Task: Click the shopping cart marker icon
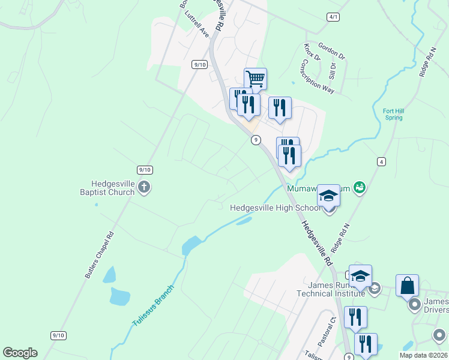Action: (x=255, y=79)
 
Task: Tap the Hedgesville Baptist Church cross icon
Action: (x=144, y=187)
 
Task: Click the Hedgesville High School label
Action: (x=276, y=208)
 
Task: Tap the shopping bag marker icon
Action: (x=407, y=286)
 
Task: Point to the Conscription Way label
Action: (x=318, y=75)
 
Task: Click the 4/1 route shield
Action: (x=333, y=17)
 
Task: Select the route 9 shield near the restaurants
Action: (x=256, y=140)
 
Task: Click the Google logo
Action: (x=20, y=353)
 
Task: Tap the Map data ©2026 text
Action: (x=423, y=355)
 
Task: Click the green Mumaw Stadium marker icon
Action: (x=360, y=188)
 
